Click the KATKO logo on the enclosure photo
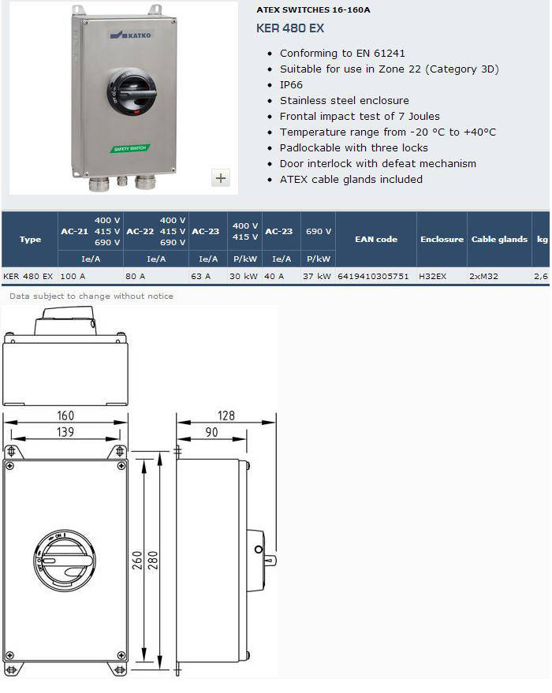[x=130, y=35]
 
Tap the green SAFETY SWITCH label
[x=130, y=148]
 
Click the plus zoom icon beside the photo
[x=221, y=177]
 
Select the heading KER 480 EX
[x=290, y=28]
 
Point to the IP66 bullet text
[x=291, y=85]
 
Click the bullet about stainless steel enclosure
[x=345, y=101]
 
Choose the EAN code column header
[x=376, y=239]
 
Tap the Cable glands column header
[x=499, y=239]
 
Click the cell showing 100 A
[x=73, y=276]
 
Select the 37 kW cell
[x=317, y=276]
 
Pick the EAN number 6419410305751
[x=373, y=276]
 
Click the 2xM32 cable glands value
[x=483, y=276]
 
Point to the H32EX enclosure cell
[x=433, y=276]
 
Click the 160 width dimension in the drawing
[x=65, y=415]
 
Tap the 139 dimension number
[x=65, y=432]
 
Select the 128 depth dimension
[x=226, y=415]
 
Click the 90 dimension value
[x=211, y=432]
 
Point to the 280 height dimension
[x=152, y=561]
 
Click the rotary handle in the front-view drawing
[x=65, y=561]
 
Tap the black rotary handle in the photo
[x=131, y=91]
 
